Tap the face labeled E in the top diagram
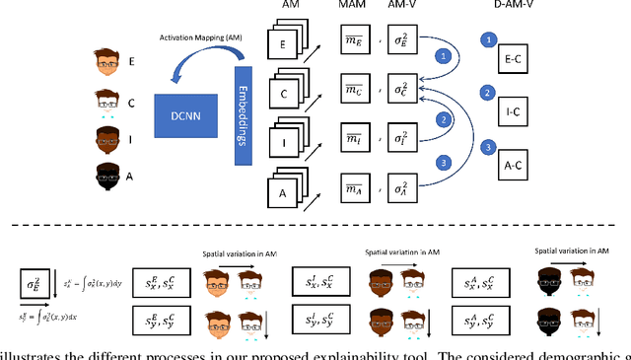pos(107,61)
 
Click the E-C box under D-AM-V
pos(512,58)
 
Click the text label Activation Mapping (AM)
pos(204,37)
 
